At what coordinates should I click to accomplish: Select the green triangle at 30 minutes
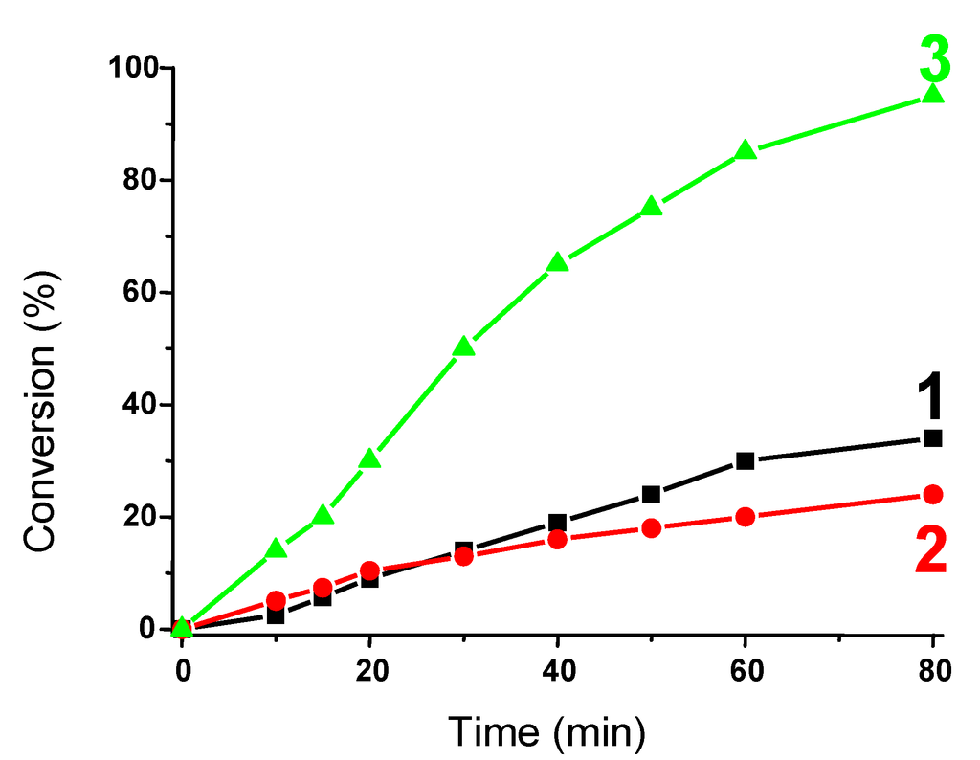tap(464, 347)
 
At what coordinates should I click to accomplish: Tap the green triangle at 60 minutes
tap(746, 151)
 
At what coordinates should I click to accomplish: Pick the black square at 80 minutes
tap(933, 438)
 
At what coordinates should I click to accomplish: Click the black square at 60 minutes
tap(746, 460)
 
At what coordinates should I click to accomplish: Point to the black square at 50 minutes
tap(652, 495)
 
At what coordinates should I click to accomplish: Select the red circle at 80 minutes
tap(933, 494)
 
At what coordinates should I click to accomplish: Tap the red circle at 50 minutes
tap(652, 528)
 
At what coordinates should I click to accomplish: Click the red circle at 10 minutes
tap(276, 601)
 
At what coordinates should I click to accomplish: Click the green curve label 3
tap(934, 59)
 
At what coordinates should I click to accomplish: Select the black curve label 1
tap(930, 397)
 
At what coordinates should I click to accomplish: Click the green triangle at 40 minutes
tap(558, 263)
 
